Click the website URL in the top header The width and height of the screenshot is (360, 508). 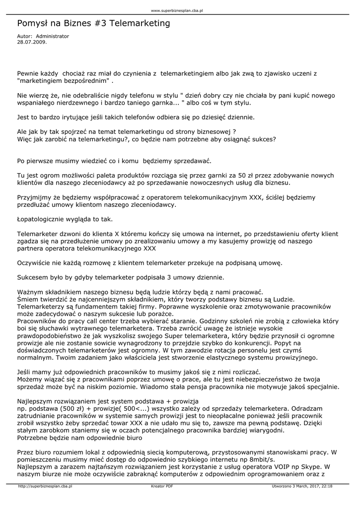click(180, 10)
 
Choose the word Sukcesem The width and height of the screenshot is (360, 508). click(32, 277)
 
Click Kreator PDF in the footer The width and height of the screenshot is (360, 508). click(162, 486)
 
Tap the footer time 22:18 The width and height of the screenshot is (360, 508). click(326, 486)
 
